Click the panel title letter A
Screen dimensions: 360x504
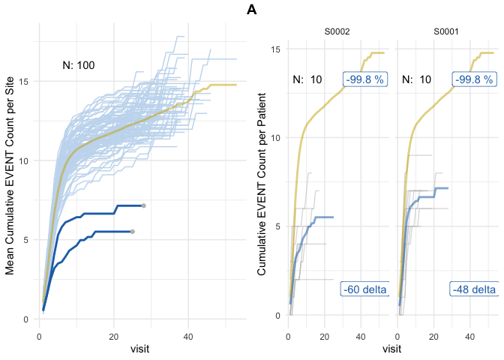251,10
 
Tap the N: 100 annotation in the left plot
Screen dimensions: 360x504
78,65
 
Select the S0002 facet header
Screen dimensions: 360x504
337,31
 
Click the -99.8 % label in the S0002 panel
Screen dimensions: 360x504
364,79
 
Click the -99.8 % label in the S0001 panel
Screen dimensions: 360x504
474,79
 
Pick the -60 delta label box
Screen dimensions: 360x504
364,289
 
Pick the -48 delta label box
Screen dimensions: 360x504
474,289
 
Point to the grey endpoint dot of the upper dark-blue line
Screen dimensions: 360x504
143,205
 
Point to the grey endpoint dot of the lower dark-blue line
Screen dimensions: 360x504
133,232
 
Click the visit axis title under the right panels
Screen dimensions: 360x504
391,349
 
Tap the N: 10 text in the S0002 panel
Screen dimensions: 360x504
307,79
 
